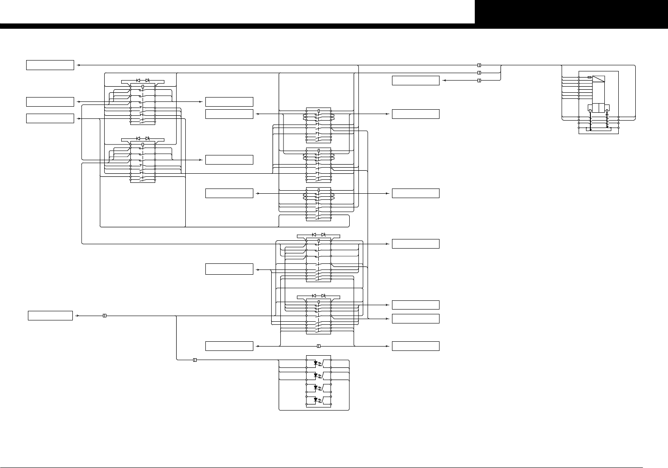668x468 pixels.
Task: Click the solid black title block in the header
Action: (x=571, y=12)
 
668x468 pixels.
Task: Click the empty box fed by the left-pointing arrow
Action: (x=416, y=81)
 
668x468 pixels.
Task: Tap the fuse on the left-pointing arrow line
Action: (x=479, y=81)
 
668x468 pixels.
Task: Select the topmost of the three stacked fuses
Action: (x=479, y=65)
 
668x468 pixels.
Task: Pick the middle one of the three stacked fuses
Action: (x=479, y=73)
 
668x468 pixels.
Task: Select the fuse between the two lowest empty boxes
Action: (x=318, y=346)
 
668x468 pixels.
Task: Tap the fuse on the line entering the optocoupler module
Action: (x=194, y=360)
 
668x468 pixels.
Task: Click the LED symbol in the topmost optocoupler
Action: (x=315, y=362)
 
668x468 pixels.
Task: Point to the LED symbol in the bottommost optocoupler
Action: (x=315, y=399)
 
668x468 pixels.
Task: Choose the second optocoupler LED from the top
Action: (x=315, y=374)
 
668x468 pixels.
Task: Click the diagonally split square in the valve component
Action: (x=599, y=79)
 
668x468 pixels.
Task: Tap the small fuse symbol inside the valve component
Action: (x=590, y=77)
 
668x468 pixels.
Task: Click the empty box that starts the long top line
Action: (x=50, y=65)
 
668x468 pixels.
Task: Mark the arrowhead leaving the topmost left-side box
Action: (x=78, y=65)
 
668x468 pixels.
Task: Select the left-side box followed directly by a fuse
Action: (x=50, y=316)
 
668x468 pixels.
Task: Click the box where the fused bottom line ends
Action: (x=416, y=346)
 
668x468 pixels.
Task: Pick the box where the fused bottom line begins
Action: (x=229, y=346)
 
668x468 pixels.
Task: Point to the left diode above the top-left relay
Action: (x=138, y=81)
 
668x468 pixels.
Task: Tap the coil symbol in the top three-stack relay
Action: (x=319, y=111)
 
